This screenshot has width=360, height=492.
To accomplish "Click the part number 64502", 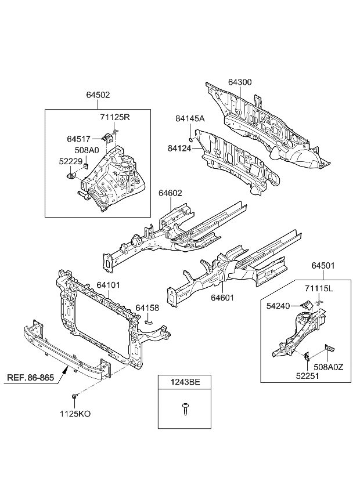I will click(98, 95).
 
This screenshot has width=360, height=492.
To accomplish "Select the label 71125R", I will click(114, 118).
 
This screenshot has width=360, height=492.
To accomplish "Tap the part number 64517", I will click(78, 139).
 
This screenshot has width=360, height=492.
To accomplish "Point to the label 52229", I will click(69, 161).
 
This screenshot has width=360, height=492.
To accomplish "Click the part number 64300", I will click(239, 82).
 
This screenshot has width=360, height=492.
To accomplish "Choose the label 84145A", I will click(190, 118).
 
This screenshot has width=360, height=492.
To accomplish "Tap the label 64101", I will click(109, 285).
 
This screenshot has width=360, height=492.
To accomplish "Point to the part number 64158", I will click(147, 307).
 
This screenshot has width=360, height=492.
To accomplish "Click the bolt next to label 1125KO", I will click(75, 396).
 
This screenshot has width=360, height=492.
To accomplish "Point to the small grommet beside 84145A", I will click(190, 139).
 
